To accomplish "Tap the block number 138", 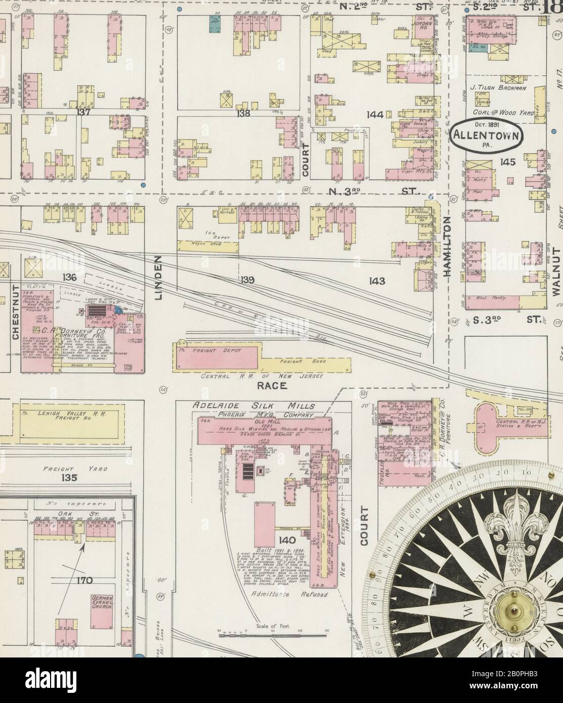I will point(244,114).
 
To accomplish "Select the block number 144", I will point(375,115).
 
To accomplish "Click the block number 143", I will point(377,281).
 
